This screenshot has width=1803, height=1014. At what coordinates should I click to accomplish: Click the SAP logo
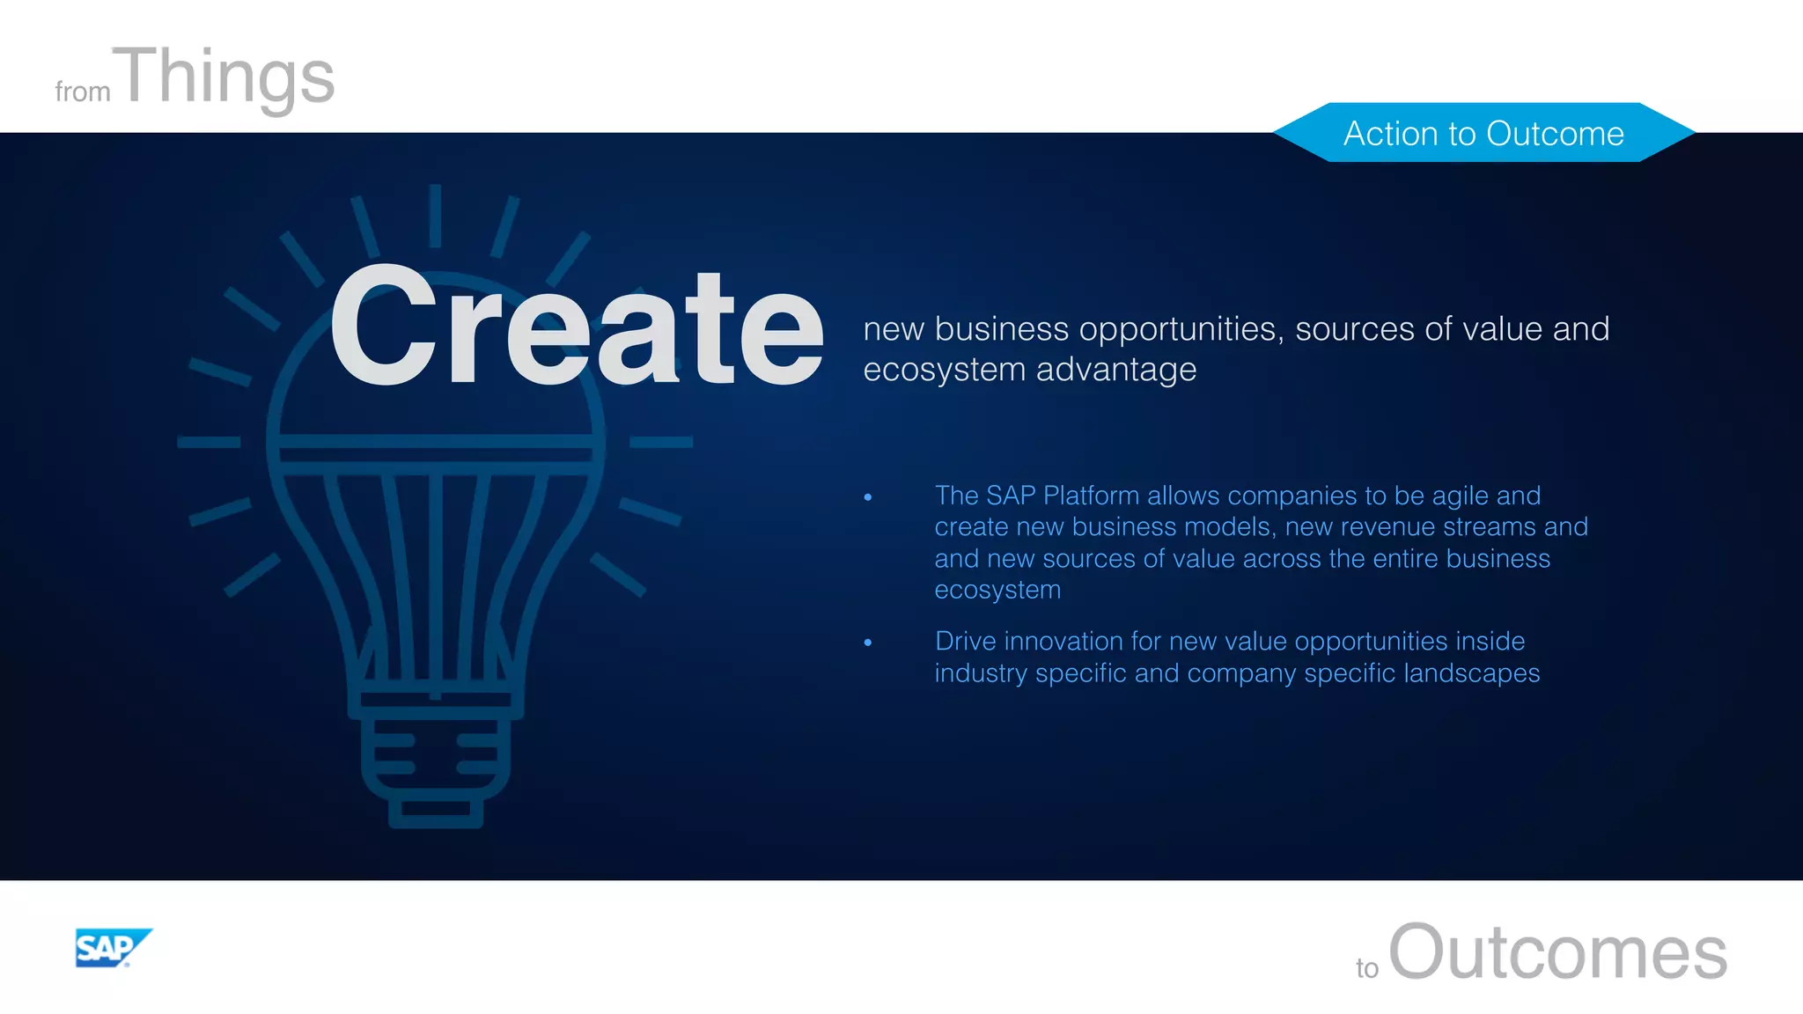112,948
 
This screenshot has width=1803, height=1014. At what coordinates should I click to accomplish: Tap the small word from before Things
82,92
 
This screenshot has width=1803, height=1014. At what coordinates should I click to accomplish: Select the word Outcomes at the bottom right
1557,952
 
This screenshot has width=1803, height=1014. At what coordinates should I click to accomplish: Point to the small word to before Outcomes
1366,968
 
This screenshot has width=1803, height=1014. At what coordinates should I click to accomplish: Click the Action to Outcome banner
1483,133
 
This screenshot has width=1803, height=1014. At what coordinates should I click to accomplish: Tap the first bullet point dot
868,497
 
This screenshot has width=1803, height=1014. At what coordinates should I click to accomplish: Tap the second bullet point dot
868,643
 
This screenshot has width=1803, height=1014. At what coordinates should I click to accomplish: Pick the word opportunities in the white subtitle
1178,329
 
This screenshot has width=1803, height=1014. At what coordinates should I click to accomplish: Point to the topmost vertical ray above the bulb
435,216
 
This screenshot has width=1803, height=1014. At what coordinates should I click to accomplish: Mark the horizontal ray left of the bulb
209,442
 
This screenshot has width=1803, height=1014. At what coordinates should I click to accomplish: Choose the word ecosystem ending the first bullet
997,590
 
